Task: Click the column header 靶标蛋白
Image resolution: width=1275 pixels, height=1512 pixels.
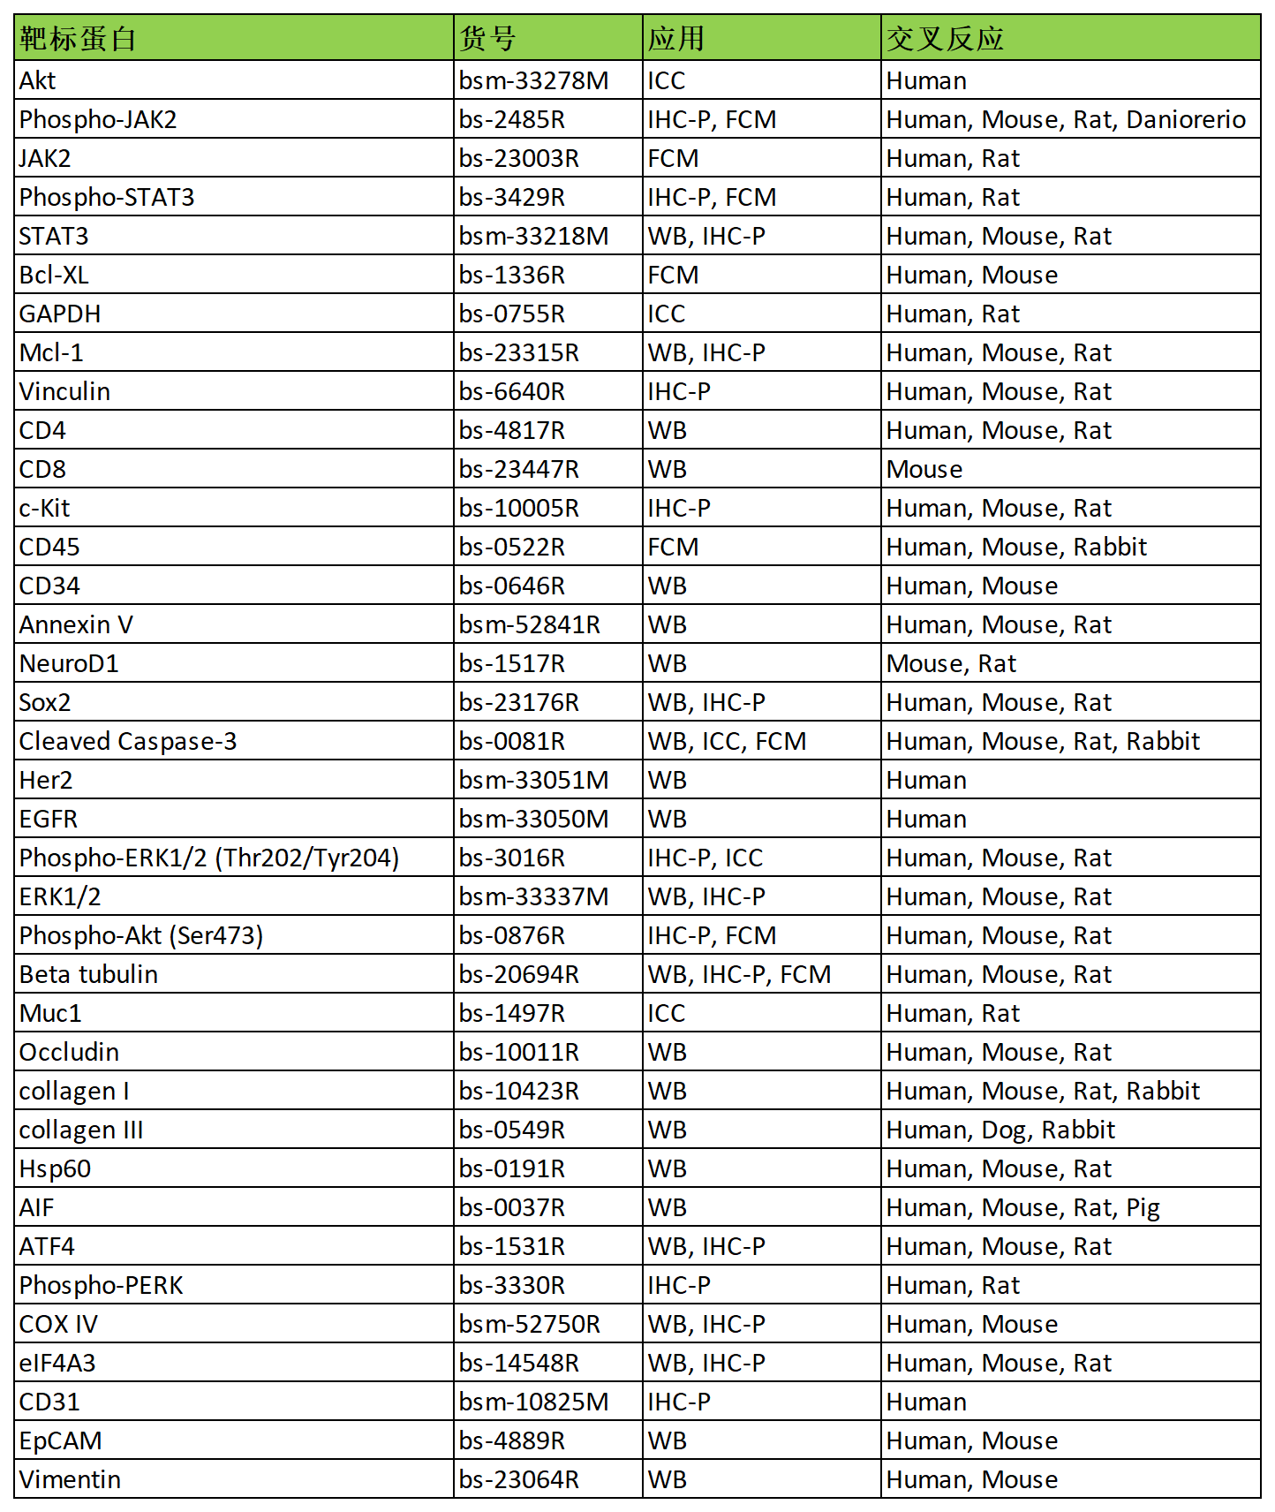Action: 78,38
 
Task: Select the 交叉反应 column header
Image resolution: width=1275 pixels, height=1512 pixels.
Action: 945,38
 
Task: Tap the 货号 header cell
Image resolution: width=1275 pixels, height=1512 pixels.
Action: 487,38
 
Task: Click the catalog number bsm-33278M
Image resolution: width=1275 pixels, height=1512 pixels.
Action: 533,80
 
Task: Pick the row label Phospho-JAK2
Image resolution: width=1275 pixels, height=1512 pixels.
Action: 98,119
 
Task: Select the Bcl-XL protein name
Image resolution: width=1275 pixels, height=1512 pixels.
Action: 54,275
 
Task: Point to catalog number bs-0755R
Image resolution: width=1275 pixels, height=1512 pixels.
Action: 511,314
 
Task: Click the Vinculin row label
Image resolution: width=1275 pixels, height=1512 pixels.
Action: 64,391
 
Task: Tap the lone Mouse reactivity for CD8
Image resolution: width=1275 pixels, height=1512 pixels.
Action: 924,469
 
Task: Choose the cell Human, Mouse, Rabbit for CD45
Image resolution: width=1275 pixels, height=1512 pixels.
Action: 1015,547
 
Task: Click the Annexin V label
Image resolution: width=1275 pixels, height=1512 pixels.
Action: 76,624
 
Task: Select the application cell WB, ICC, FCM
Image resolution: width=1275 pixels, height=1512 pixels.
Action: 726,741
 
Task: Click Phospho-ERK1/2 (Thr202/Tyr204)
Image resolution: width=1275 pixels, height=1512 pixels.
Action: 209,858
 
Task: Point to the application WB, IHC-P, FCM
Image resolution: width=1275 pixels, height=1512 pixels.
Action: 738,974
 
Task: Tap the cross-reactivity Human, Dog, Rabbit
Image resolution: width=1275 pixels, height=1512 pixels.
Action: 1000,1130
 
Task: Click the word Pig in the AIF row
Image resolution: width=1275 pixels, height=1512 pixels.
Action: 1143,1207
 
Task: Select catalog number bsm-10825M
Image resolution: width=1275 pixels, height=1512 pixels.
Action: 533,1402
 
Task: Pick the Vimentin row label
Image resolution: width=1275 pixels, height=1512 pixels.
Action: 70,1479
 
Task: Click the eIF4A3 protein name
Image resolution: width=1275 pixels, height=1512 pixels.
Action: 57,1363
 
